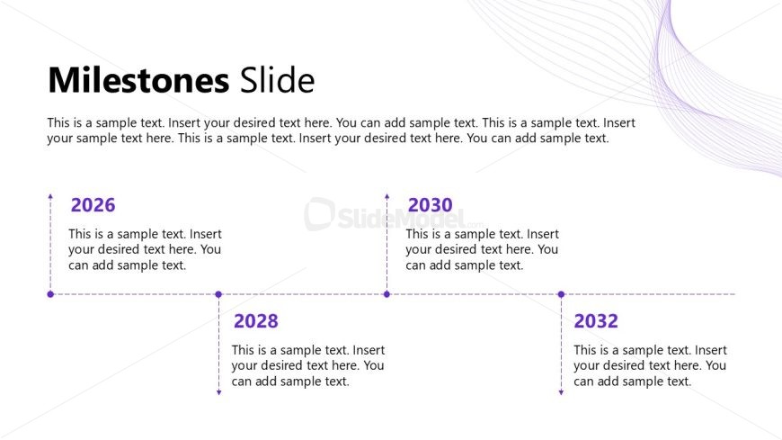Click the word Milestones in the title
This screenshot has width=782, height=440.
[138, 80]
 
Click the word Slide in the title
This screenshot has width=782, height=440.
[277, 80]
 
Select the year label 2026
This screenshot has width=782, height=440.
[93, 205]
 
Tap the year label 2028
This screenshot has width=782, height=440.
[256, 320]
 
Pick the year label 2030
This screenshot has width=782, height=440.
[431, 205]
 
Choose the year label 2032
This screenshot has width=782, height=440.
[596, 320]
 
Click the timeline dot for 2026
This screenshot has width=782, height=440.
[50, 294]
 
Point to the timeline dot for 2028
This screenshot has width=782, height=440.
[218, 294]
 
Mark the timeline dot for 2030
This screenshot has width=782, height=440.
[387, 294]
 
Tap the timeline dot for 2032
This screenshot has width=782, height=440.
[561, 294]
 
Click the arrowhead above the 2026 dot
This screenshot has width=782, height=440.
[50, 197]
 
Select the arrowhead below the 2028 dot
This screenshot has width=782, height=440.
[218, 392]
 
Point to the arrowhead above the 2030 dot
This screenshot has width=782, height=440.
[387, 197]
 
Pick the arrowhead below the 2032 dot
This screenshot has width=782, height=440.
[561, 392]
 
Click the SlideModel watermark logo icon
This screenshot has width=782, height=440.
[320, 214]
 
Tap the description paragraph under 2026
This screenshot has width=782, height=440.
[145, 249]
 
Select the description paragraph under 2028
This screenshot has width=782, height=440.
[307, 365]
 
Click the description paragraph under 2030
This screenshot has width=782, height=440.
[482, 249]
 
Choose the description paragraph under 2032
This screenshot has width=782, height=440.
[650, 365]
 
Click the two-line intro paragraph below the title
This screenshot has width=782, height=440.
[342, 130]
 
